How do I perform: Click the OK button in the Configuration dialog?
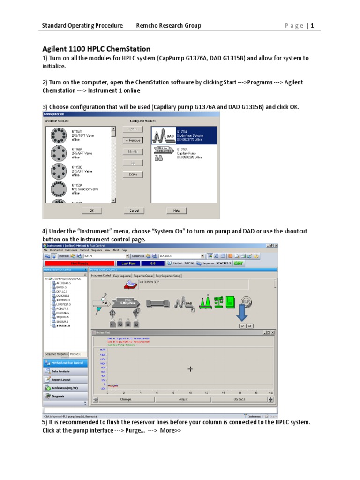(x=92, y=211)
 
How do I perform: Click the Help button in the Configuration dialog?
(x=176, y=211)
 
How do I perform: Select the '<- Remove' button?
(x=133, y=140)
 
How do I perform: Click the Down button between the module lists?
(x=133, y=174)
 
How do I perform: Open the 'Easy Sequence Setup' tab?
(x=168, y=276)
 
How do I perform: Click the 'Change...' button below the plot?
(x=127, y=399)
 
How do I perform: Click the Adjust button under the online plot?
(x=183, y=399)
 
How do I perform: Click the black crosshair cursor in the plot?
(x=190, y=369)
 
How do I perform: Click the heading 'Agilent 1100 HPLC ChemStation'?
(x=97, y=49)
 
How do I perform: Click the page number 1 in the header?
(x=312, y=26)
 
